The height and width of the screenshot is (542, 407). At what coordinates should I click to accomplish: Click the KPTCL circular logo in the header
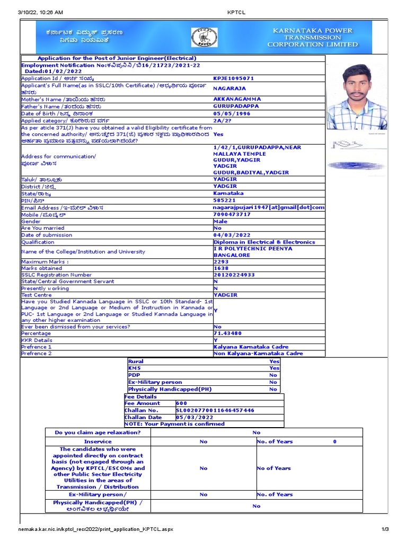[204, 37]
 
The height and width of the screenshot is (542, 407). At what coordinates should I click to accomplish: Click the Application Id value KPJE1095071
[234, 78]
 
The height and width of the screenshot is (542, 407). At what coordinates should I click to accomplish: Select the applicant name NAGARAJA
[229, 89]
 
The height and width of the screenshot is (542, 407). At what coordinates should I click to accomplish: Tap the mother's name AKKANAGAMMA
[237, 99]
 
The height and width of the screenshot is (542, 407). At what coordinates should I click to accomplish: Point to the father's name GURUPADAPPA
[236, 106]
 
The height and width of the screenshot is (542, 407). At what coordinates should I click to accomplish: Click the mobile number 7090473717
[232, 214]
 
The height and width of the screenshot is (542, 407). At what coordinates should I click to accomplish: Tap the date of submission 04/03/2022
[232, 235]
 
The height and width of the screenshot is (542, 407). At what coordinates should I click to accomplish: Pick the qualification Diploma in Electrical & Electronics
[264, 242]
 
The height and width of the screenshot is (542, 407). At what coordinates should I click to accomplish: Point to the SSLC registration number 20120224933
[234, 275]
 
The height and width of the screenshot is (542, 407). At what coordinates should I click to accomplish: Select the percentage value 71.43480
[227, 333]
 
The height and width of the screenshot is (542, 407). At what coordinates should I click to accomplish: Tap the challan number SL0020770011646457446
[215, 410]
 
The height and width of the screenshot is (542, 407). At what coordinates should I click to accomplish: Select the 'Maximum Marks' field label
[45, 261]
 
